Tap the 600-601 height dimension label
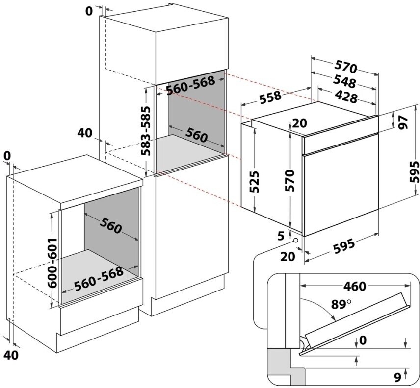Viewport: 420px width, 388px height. [x=52, y=263]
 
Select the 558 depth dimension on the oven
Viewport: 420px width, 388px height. [x=270, y=98]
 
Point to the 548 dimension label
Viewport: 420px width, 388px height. [x=345, y=82]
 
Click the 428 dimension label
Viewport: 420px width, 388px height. [x=346, y=97]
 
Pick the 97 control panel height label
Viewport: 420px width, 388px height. [x=403, y=122]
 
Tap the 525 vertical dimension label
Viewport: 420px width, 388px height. [x=254, y=182]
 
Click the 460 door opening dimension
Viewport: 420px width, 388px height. [x=355, y=287]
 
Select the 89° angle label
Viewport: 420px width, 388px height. [x=341, y=304]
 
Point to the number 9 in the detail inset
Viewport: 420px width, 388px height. [x=398, y=377]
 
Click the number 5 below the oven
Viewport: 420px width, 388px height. [x=281, y=236]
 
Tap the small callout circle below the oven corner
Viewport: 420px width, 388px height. [x=296, y=240]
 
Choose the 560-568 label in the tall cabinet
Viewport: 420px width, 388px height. [x=190, y=85]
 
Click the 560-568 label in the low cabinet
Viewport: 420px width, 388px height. [x=99, y=278]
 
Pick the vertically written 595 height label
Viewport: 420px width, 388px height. [x=414, y=171]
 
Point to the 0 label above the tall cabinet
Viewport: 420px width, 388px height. [x=89, y=11]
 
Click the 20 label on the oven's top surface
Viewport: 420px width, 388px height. [x=299, y=123]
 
